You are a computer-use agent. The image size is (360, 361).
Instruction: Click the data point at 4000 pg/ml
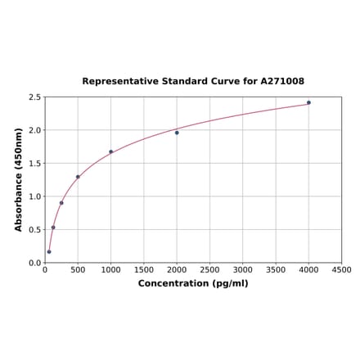tap(308, 102)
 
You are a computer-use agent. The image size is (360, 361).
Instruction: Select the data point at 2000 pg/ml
tap(177, 133)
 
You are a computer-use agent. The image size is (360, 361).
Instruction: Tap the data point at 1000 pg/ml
tap(111, 151)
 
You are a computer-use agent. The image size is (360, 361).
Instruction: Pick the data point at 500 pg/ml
tap(78, 177)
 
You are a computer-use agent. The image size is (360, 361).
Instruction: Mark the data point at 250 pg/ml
tap(61, 203)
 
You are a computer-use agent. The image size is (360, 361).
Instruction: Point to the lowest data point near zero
tap(49, 251)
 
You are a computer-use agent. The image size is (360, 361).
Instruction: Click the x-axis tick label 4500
tap(341, 270)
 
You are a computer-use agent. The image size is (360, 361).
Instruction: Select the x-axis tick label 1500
tap(144, 270)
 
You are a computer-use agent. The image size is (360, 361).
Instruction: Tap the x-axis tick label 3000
tap(243, 270)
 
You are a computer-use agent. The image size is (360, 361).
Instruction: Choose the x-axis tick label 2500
tap(209, 270)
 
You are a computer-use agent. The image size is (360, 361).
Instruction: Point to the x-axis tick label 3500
tap(276, 270)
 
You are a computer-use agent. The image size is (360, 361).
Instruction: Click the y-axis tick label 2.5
tap(35, 97)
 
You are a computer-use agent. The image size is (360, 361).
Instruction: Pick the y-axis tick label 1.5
tap(35, 164)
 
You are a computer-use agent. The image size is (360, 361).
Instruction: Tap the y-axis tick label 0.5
tap(35, 230)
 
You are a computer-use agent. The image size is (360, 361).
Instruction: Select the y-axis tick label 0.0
tap(35, 263)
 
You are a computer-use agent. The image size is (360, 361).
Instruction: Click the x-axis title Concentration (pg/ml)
tap(193, 283)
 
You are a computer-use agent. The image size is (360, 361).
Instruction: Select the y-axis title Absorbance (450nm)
tap(18, 179)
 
